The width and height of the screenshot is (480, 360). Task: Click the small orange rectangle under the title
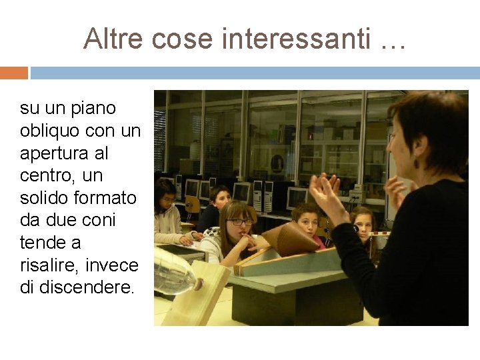(x=13, y=73)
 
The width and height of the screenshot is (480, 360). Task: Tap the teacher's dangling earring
(x=417, y=162)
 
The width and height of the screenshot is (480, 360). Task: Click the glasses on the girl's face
(x=241, y=221)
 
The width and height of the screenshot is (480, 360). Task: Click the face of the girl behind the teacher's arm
(x=363, y=223)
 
